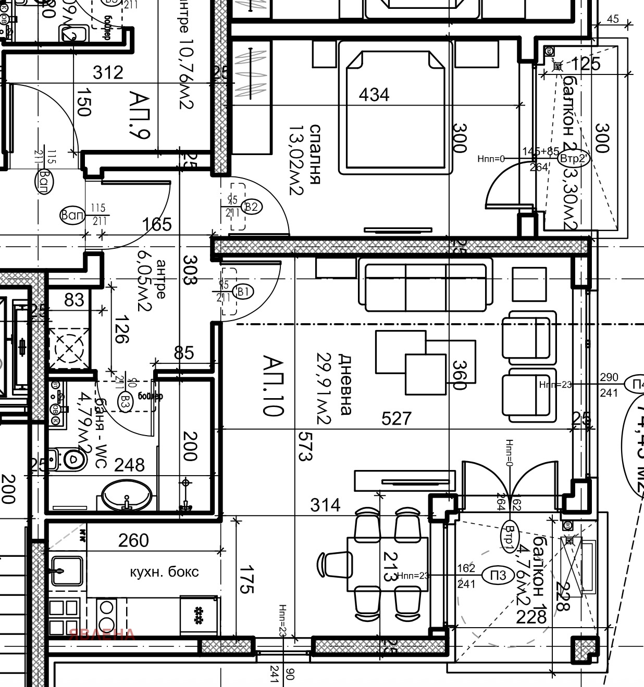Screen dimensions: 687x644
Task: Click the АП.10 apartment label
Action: click(x=273, y=386)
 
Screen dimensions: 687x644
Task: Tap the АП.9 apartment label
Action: click(x=140, y=115)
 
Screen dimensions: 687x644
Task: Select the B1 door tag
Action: click(x=243, y=291)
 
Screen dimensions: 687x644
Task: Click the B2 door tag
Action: click(x=252, y=207)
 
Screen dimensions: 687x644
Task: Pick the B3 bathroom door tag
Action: click(x=124, y=401)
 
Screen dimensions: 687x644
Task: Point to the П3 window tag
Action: click(x=498, y=575)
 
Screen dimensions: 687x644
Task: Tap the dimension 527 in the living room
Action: click(x=396, y=418)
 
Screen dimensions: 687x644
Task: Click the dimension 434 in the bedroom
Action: click(x=374, y=95)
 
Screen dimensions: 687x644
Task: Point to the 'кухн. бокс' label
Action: click(x=164, y=572)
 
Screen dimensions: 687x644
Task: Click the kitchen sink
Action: click(x=67, y=570)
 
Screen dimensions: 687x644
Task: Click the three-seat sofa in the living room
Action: click(x=425, y=286)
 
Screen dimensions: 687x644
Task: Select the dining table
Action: click(x=388, y=564)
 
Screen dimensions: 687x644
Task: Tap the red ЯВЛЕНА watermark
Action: click(x=102, y=633)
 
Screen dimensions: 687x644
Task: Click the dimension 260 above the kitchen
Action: click(x=133, y=541)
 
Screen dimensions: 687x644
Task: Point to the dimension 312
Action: click(x=108, y=72)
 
